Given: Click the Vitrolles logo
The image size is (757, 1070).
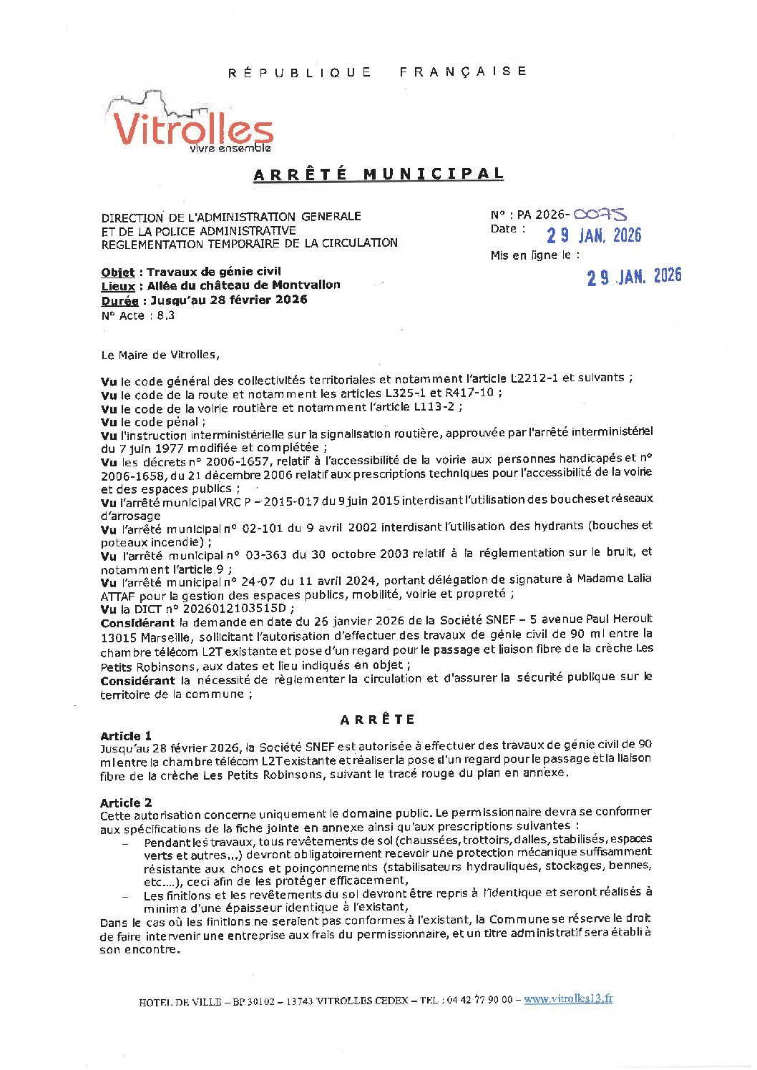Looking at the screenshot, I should click(192, 123).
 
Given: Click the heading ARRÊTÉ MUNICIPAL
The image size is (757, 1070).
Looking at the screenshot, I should click(378, 175).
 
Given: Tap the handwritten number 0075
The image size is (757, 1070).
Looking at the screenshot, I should click(601, 214).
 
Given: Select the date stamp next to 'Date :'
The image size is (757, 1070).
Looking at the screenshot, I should click(594, 235).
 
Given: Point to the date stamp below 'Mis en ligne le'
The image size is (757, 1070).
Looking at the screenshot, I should click(634, 276).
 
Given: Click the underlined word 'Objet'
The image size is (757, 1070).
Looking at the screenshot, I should click(118, 272).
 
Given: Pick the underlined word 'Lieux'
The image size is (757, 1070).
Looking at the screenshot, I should click(118, 285).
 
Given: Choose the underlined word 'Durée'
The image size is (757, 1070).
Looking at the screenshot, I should click(119, 300).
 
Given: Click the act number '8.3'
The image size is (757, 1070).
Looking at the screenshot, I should click(165, 315).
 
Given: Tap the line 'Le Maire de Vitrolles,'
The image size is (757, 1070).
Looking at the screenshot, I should click(160, 355).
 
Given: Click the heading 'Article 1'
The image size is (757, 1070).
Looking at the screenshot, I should click(126, 736).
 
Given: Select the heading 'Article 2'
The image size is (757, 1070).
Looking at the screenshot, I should click(126, 802).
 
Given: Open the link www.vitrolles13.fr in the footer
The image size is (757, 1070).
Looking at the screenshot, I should click(568, 999).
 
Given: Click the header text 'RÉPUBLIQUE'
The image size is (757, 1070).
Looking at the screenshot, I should click(300, 72).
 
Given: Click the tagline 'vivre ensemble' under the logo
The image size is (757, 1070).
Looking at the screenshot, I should click(230, 148).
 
